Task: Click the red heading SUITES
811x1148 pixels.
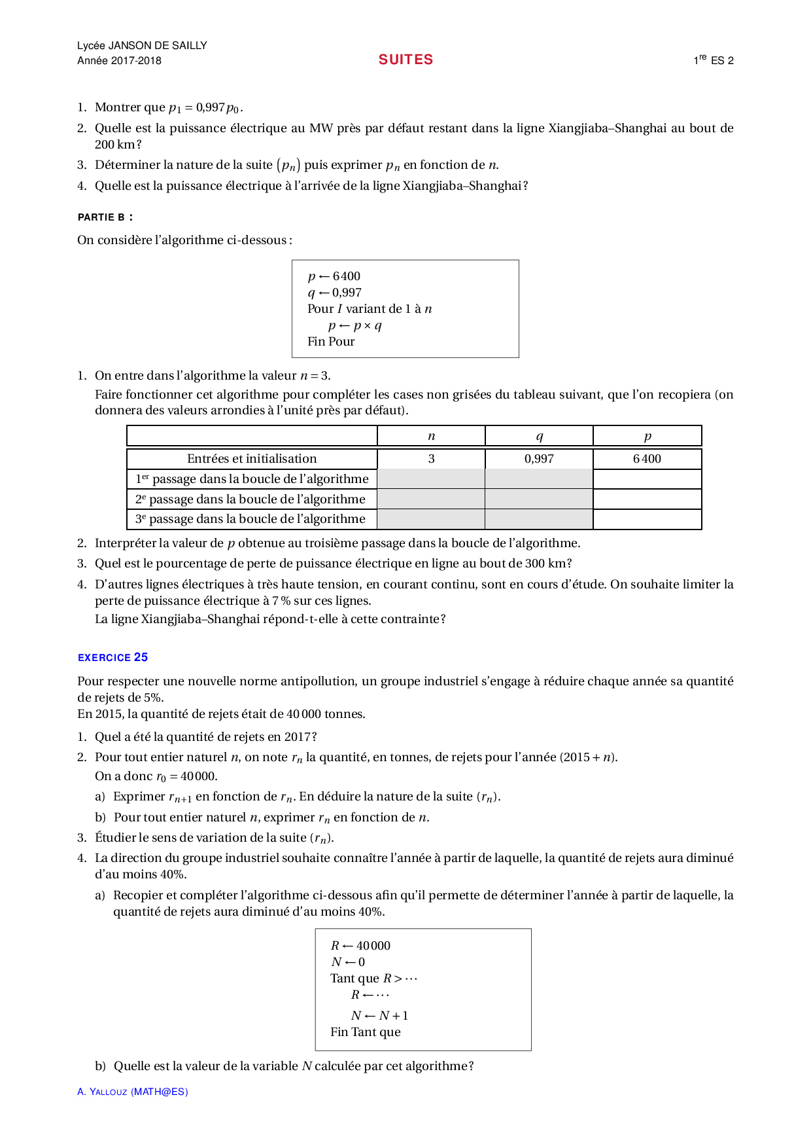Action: point(405,60)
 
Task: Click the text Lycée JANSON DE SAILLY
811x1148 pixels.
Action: point(142,45)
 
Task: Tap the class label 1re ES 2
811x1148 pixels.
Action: point(713,60)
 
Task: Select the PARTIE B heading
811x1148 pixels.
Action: point(105,217)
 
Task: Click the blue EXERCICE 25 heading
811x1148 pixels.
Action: point(112,657)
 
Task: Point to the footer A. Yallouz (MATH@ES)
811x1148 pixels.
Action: point(132,1092)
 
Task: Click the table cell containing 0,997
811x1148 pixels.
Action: point(539,459)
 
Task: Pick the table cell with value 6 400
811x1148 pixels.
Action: point(647,459)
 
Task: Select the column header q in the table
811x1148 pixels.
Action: point(539,436)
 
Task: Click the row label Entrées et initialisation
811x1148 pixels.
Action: point(252,459)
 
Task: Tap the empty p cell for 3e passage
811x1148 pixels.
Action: point(647,519)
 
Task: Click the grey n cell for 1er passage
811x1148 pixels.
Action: point(431,479)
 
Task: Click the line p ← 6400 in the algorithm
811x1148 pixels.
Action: point(334,276)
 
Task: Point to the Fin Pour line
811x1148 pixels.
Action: point(331,341)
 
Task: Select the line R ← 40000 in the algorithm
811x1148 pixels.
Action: point(360,946)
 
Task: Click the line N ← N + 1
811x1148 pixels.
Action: point(379,1016)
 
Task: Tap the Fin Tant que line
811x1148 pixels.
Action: point(365,1032)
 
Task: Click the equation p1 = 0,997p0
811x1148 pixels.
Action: point(205,107)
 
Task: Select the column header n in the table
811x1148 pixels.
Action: point(431,436)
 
